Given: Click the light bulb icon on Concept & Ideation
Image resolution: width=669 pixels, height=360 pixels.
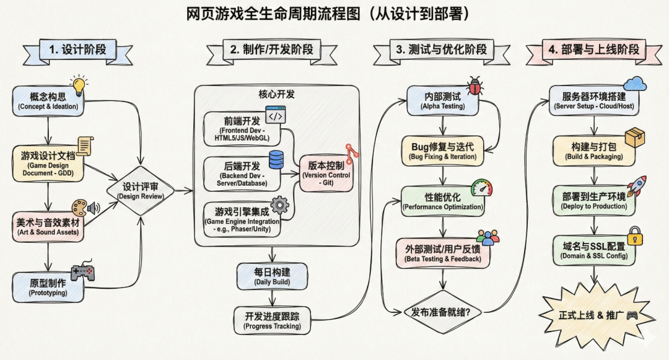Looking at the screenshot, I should click(79, 86).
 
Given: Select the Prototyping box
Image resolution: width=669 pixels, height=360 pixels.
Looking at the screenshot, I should click(48, 288).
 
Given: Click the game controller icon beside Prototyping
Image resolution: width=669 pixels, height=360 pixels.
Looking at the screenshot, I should click(82, 273).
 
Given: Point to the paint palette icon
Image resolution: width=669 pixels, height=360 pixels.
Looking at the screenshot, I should click(79, 208).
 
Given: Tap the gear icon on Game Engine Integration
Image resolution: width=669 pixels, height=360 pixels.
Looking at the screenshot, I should click(281, 204).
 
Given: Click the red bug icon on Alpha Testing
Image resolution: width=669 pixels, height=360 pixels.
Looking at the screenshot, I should click(475, 85).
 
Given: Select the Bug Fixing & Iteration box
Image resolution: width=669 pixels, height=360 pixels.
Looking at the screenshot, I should click(442, 151).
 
